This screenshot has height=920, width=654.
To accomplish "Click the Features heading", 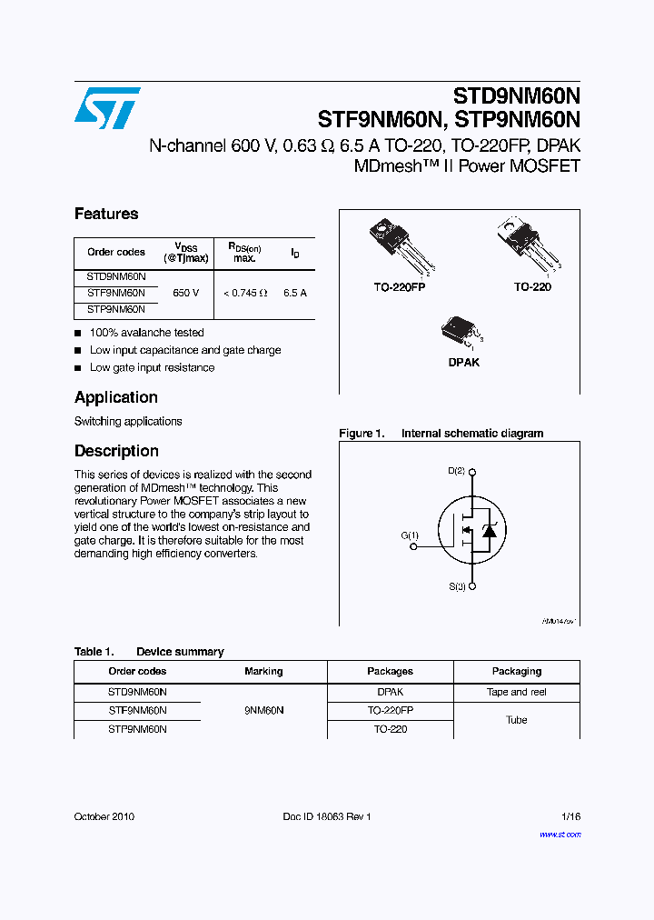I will click(106, 215).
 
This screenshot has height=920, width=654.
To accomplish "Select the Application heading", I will click(115, 397).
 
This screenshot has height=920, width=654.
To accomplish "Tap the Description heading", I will click(116, 451).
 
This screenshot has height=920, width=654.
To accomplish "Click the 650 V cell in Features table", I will click(186, 294).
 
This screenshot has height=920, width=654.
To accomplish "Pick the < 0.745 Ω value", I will click(245, 294).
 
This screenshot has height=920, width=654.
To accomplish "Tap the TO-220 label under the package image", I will click(532, 286).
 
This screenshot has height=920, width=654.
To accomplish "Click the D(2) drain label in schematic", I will click(456, 471).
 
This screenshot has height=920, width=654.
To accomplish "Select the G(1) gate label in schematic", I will click(410, 535).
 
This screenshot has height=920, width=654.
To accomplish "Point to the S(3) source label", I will click(456, 587).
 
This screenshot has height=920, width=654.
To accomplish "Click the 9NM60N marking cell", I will click(263, 711).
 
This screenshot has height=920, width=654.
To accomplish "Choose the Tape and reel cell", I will click(517, 692).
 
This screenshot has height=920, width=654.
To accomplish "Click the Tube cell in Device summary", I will click(517, 720).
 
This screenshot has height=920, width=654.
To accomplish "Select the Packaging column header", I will click(517, 671).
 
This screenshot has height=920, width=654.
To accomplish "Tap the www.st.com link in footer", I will click(560, 834).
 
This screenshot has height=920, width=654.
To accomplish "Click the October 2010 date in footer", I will click(104, 816).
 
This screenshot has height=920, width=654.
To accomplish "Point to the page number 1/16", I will click(570, 816).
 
